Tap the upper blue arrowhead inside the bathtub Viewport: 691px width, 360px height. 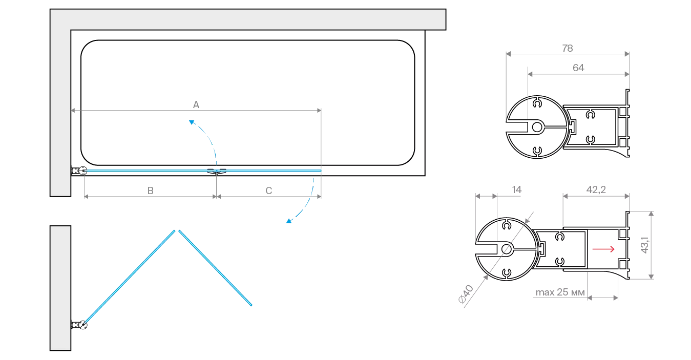tap(192, 122)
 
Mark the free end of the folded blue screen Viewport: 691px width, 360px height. tap(252, 305)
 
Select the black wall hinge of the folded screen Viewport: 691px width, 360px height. tap(80, 325)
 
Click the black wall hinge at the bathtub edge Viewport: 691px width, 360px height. tap(78, 172)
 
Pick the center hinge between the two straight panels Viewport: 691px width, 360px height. tap(216, 171)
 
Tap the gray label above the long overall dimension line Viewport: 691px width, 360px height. tap(196, 103)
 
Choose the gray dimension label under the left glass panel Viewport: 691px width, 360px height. tap(151, 189)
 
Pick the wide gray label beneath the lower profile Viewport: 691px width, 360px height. tap(560, 292)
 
